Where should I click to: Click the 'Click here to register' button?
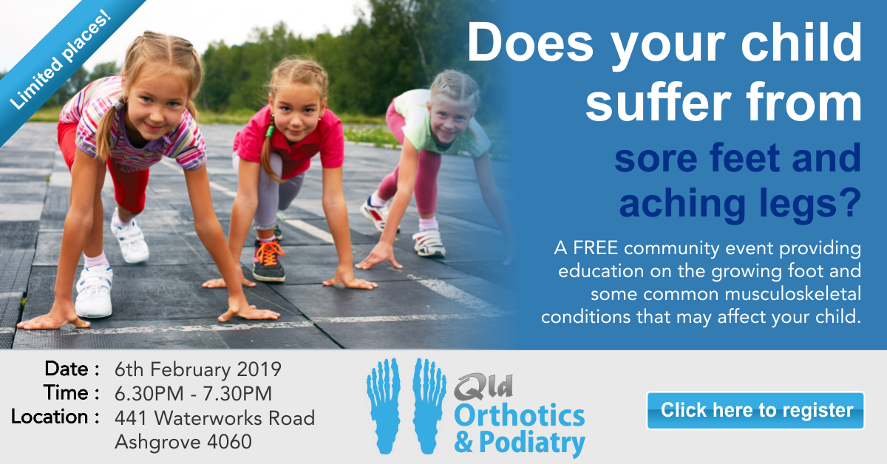pyautogui.click(x=755, y=411)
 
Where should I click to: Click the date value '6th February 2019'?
pyautogui.click(x=198, y=369)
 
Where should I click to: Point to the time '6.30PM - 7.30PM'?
pyautogui.click(x=193, y=394)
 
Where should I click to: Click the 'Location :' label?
pyautogui.click(x=55, y=417)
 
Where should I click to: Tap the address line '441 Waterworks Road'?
pyautogui.click(x=214, y=418)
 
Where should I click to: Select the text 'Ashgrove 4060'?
pyautogui.click(x=183, y=442)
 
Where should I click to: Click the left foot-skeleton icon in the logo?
pyautogui.click(x=384, y=406)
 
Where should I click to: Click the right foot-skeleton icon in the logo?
pyautogui.click(x=429, y=406)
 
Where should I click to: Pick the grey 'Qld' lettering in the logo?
pyautogui.click(x=483, y=386)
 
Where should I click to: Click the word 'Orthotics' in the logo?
pyautogui.click(x=520, y=416)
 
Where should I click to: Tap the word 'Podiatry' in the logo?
pyautogui.click(x=532, y=443)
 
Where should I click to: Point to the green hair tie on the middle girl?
pyautogui.click(x=270, y=131)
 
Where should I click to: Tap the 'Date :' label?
pyautogui.click(x=72, y=369)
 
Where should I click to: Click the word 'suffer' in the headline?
pyautogui.click(x=658, y=102)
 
